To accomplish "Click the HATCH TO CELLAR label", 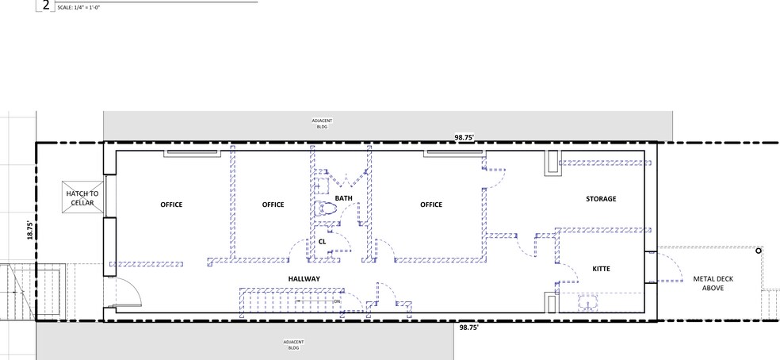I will (82, 198).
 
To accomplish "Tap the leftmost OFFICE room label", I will (171, 205).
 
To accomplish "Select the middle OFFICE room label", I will (273, 205).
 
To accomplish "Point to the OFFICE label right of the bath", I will (431, 205).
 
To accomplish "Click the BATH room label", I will (343, 198).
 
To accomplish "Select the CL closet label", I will (323, 241).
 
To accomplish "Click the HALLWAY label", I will (304, 278).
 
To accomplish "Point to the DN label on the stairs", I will (335, 301).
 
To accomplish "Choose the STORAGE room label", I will (601, 198).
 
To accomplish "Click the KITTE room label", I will (602, 270).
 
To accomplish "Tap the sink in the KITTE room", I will (588, 301).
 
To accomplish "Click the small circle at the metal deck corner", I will (759, 251).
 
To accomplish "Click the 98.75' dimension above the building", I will (465, 137).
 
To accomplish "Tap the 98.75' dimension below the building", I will (468, 326).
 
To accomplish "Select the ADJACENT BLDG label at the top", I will (322, 123).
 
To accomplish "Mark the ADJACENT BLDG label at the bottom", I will (293, 344).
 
